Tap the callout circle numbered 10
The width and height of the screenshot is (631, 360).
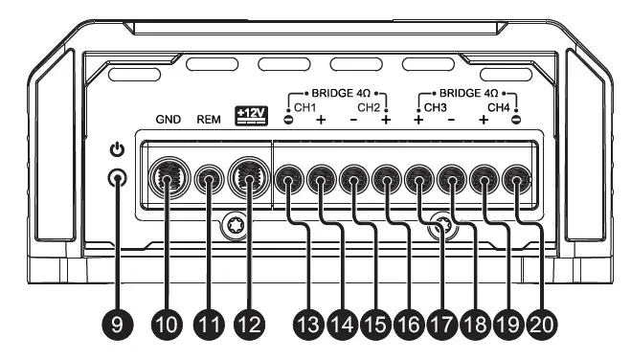168,325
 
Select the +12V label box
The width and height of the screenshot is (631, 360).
249,116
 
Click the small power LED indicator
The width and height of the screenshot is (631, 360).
118,178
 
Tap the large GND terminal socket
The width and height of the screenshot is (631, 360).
169,178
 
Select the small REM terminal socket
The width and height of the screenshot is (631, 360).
210,179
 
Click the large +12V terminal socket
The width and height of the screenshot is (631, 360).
250,178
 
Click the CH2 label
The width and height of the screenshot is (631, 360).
370,107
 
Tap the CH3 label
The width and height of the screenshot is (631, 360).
436,107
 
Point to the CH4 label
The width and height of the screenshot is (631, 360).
500,107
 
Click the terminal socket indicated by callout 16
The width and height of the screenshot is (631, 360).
387,178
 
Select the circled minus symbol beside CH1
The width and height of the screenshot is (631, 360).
290,121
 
